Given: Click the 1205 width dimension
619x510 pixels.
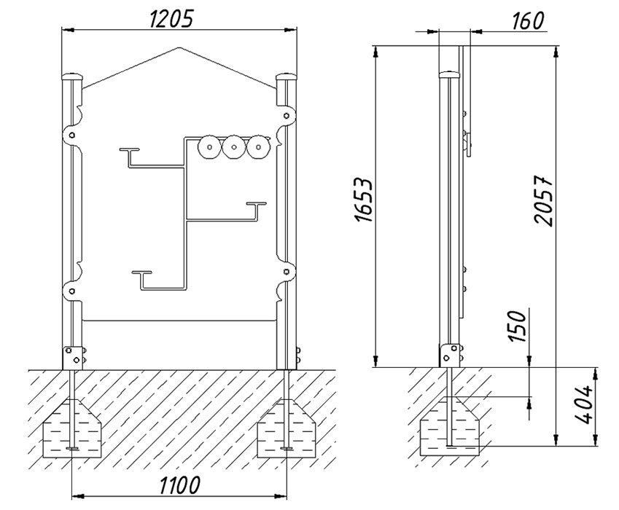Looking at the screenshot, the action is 173,19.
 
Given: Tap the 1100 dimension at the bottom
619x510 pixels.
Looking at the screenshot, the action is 179,484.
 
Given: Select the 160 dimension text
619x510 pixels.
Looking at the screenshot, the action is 528,20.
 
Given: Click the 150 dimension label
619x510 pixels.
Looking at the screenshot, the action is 517,326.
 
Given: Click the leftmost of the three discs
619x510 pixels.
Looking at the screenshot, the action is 210,147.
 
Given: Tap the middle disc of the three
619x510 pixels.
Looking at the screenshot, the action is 234,147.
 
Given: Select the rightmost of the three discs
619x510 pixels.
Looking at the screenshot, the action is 259,147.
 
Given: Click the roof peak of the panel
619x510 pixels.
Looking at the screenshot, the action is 179,48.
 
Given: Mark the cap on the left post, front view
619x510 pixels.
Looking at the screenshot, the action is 72,76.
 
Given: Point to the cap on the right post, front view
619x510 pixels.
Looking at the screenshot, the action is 287,76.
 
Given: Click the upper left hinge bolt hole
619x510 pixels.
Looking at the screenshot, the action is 72,136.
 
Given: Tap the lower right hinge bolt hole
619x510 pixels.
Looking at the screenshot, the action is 287,270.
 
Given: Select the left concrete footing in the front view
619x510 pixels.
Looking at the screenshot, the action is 72,428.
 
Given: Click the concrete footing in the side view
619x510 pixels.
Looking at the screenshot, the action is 449,426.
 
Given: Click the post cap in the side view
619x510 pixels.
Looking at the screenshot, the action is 450,74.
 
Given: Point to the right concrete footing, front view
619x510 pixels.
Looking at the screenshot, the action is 287,428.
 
